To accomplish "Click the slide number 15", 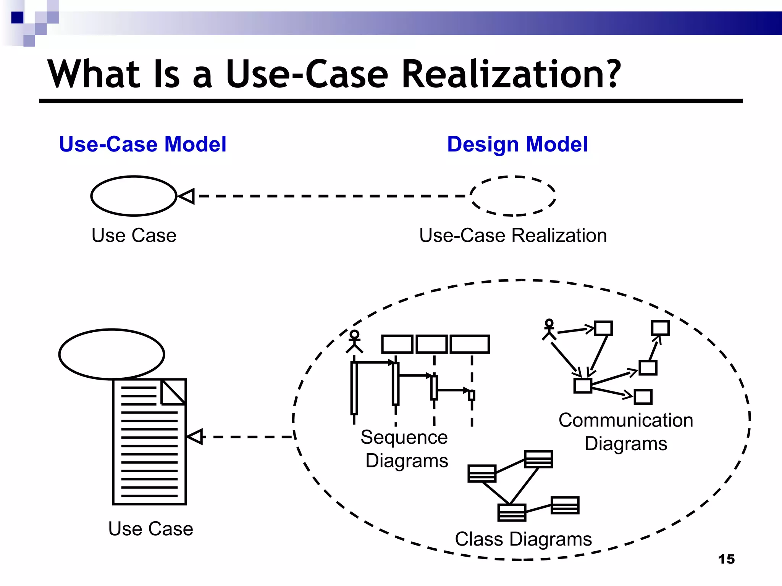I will (x=726, y=559).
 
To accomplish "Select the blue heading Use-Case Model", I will (x=143, y=144).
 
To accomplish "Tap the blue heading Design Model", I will (x=517, y=144).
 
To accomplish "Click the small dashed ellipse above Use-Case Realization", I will (x=513, y=196).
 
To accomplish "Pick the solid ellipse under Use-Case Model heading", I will (x=134, y=196).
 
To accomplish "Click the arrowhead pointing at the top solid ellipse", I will (x=187, y=196).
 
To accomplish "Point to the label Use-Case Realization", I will (x=513, y=235).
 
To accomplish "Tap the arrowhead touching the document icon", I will (x=195, y=437).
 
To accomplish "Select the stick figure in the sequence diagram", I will (x=354, y=341).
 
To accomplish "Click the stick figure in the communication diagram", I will (x=549, y=330).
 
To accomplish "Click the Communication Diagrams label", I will (x=626, y=432).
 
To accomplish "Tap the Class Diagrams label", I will (x=523, y=539).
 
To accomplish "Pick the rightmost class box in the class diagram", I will (x=565, y=505).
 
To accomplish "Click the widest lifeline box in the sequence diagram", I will (x=470, y=344).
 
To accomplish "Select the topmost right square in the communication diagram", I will (x=660, y=328).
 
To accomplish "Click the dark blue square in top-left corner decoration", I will (x=17, y=18).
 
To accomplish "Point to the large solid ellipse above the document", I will (x=112, y=354).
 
